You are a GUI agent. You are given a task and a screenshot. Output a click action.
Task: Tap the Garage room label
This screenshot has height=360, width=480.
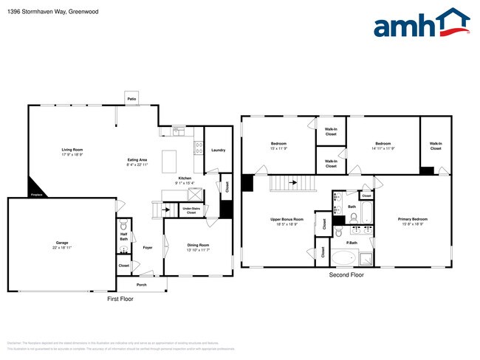point(62,243)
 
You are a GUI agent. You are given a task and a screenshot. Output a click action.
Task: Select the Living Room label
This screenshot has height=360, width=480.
point(72,150)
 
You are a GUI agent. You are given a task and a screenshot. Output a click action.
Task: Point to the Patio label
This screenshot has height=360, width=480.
point(132,98)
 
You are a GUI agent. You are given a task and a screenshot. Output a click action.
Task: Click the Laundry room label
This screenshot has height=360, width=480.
point(218,150)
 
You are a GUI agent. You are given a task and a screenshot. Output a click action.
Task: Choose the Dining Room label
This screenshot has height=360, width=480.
point(199,246)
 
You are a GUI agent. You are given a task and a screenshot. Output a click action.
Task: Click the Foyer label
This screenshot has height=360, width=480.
point(148,248)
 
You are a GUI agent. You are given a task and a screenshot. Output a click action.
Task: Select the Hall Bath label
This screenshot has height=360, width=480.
point(123,238)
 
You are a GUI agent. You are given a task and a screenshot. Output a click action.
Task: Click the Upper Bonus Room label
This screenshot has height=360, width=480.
point(287,221)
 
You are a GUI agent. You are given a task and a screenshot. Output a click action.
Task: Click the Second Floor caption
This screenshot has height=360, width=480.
point(346,274)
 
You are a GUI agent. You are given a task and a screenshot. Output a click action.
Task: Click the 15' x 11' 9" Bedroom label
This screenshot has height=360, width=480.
point(278,145)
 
